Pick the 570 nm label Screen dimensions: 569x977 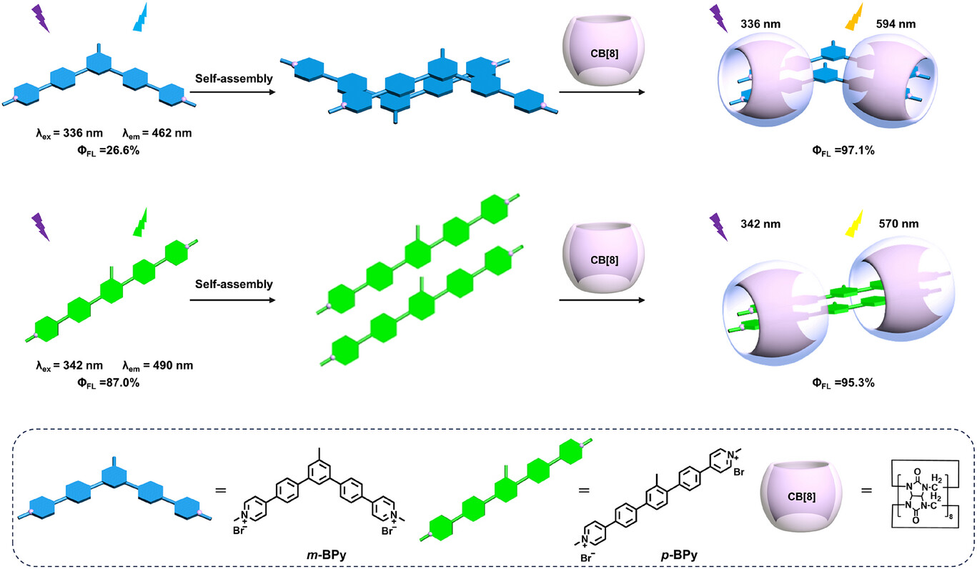click(x=897, y=224)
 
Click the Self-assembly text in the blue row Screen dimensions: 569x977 click(x=234, y=79)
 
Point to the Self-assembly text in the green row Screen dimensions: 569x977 click(x=234, y=284)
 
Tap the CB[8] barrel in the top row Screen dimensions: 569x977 click(x=600, y=49)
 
